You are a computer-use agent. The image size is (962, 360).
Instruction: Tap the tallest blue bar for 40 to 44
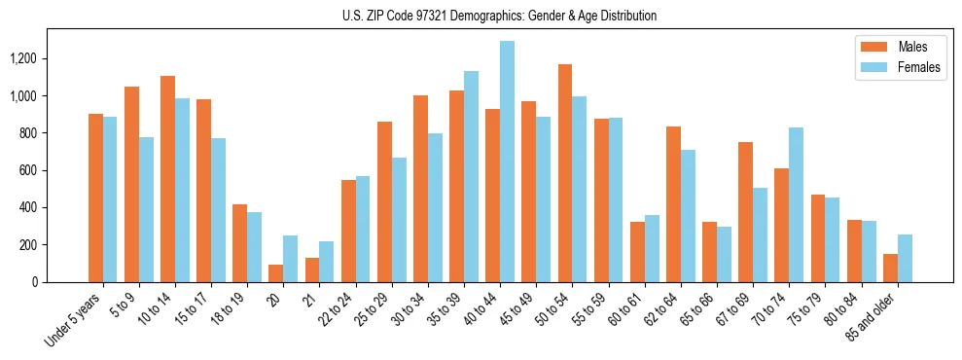coord(507,162)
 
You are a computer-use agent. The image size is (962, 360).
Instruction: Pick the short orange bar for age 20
coord(275,273)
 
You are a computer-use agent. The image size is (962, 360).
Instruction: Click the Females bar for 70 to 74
coord(796,204)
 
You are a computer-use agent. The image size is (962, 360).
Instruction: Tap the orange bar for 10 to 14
coord(167,179)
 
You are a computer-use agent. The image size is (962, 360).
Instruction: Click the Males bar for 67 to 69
coord(745,212)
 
